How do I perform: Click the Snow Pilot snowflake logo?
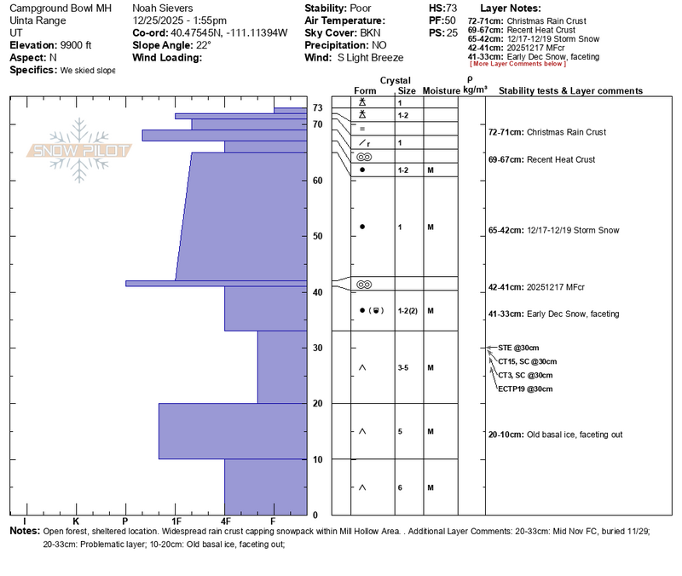(82, 150)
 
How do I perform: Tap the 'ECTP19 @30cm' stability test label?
(525, 389)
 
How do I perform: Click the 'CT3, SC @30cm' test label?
(525, 375)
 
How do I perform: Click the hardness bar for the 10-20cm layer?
(232, 431)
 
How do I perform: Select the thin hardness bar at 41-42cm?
(216, 283)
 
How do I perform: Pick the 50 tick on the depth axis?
(316, 236)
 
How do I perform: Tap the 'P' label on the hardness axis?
(125, 521)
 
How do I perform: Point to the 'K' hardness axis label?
(75, 521)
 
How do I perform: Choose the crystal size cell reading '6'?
(401, 487)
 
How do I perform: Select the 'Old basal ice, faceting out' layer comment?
(555, 435)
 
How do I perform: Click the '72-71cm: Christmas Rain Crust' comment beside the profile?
(546, 133)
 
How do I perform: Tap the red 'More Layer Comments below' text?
(517, 64)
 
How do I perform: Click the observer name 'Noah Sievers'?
(162, 7)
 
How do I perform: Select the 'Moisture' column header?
(441, 91)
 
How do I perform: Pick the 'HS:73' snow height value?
(443, 7)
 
